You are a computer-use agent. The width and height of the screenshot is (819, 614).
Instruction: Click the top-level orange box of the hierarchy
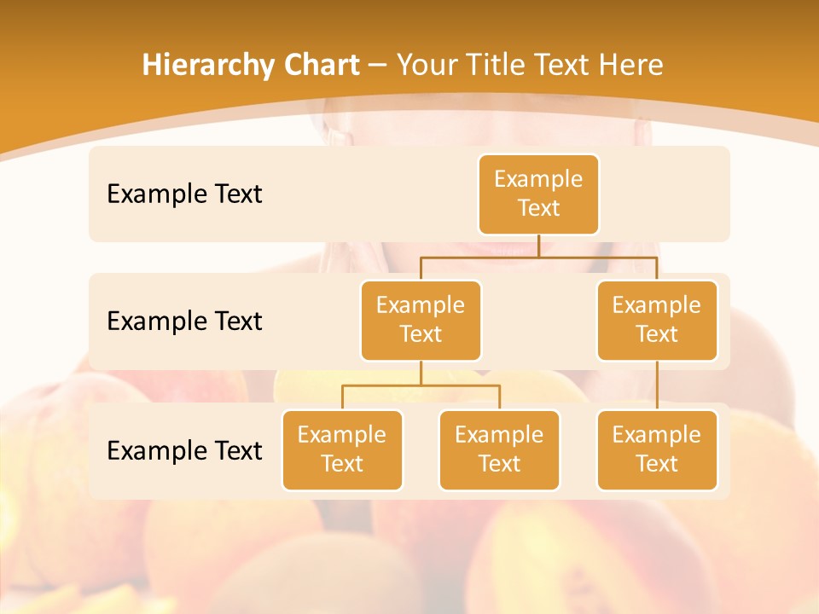tap(538, 194)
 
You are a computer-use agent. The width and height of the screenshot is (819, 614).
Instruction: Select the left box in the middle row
tap(421, 320)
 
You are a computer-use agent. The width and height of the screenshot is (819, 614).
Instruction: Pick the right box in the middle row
tap(657, 320)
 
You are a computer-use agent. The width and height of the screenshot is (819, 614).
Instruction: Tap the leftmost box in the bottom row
tap(342, 449)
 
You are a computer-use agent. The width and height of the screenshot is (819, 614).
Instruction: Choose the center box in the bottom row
tap(499, 449)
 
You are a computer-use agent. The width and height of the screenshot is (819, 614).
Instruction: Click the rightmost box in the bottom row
tap(657, 449)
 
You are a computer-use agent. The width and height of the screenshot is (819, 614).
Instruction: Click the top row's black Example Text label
tap(184, 194)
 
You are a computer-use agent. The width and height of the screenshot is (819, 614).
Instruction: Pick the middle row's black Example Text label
tap(184, 321)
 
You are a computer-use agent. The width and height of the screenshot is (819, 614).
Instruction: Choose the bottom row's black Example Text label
tap(184, 450)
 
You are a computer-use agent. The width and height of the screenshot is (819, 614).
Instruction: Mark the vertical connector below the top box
tap(538, 246)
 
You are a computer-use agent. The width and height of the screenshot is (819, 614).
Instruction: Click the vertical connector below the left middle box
tap(421, 373)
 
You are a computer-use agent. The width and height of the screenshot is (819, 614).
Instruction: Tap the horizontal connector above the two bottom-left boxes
tap(421, 385)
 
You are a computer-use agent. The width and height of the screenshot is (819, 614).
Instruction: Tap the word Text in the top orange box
tap(538, 209)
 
